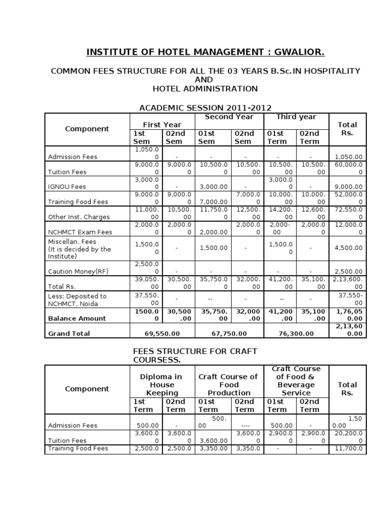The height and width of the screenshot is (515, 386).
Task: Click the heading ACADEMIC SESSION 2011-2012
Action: [205, 108]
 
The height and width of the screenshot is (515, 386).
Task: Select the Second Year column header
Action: [229, 117]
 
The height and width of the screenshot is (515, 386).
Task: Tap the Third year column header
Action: [296, 117]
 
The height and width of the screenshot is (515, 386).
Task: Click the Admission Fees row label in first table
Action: [72, 157]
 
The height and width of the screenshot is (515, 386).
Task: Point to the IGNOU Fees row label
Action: [67, 187]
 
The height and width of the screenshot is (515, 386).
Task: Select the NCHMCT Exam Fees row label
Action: [80, 232]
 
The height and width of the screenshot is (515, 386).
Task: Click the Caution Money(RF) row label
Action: [78, 272]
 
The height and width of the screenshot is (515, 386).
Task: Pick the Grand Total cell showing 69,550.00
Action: [162, 333]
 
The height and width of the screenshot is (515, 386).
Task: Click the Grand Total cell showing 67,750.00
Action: [229, 333]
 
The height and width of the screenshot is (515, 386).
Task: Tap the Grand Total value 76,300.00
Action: [296, 333]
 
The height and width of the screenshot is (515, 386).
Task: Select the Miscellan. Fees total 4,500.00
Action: [347, 248]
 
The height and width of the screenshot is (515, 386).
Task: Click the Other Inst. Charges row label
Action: [78, 217]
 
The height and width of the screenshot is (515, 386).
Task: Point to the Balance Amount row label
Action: [76, 318]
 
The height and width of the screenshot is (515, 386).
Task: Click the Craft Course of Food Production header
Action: [229, 385]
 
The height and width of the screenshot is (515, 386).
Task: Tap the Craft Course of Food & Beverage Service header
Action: [296, 381]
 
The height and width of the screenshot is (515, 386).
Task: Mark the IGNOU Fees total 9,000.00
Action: [347, 187]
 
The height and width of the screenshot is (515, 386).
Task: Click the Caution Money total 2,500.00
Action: [347, 272]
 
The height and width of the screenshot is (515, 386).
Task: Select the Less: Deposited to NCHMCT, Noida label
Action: [77, 300]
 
